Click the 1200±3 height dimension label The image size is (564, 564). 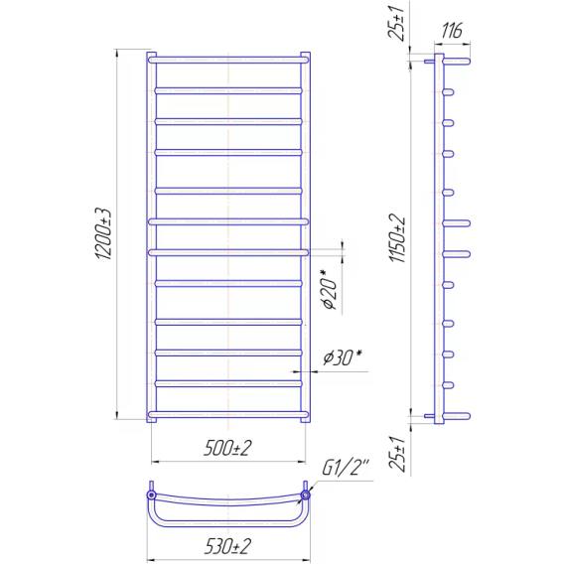point(104,233)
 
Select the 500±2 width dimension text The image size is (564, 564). point(227,448)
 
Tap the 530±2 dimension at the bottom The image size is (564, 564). point(227,547)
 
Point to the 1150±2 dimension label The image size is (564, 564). point(397,238)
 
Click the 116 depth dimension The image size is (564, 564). point(452,30)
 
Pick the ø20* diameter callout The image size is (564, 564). point(330,289)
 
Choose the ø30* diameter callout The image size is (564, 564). point(342,357)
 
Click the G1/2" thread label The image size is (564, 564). point(346,468)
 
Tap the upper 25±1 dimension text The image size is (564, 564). point(396,23)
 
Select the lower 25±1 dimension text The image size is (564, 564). point(397,454)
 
